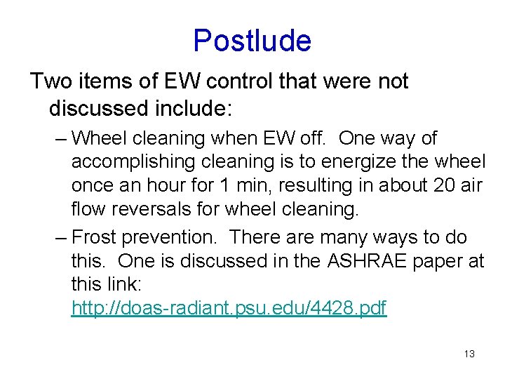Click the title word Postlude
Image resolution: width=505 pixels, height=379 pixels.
[252, 41]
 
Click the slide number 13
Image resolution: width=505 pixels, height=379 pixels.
[469, 354]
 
